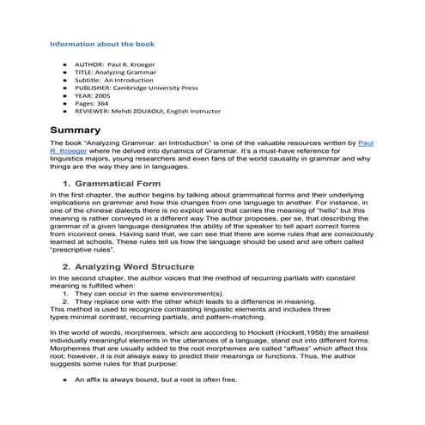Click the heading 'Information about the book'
[x=102, y=43]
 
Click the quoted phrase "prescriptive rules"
[x=82, y=250]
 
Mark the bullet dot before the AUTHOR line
[x=64, y=64]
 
